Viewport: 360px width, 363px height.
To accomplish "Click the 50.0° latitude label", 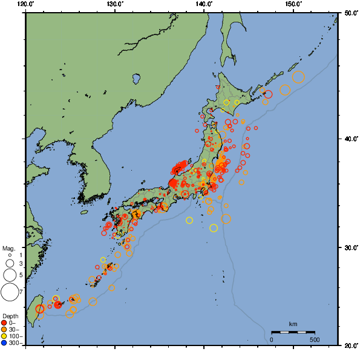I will click(350, 13).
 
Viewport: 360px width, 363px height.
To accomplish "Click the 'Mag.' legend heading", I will click(8, 248).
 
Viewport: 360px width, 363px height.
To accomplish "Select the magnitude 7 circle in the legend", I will click(10, 292).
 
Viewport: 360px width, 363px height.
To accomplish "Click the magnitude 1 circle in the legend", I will click(10, 255).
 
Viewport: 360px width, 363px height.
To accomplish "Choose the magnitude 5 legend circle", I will click(10, 275).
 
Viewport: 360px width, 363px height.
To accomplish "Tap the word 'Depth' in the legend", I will click(10, 316).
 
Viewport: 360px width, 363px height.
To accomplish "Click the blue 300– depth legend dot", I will click(4, 343).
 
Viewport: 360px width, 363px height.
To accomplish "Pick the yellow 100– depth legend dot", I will click(4, 336).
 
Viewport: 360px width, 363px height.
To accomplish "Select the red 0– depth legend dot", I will click(4, 322).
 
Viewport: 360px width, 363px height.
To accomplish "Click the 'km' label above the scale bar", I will click(293, 324).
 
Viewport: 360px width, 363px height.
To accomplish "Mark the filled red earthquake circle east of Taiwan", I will click(57, 305).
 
